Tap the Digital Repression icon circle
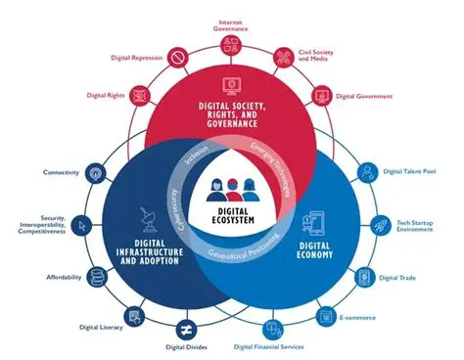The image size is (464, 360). [177, 59]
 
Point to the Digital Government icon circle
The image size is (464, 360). [323, 97]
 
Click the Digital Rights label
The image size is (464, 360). [103, 96]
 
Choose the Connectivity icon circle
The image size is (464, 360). [95, 173]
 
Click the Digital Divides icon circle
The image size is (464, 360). [183, 325]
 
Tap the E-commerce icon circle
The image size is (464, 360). [325, 316]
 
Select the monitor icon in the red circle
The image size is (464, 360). [232, 86]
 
